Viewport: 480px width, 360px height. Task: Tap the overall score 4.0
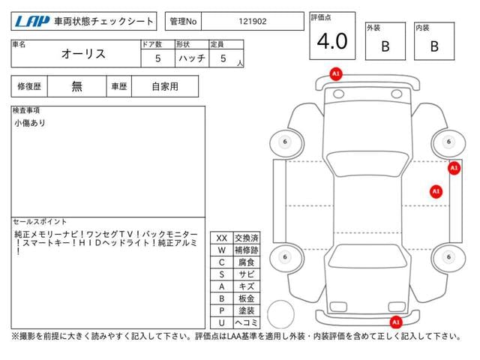pos(331,41)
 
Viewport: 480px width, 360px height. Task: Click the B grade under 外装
pos(385,46)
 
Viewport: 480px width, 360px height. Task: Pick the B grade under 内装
pos(434,46)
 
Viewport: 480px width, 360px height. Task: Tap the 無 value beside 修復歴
pos(77,86)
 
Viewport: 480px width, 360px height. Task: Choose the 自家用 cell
pos(164,86)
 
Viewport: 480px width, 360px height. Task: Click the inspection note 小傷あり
pos(29,122)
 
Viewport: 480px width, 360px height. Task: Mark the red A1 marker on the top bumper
pos(335,73)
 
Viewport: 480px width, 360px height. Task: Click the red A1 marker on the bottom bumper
pos(394,322)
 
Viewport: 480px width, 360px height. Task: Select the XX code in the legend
pos(221,238)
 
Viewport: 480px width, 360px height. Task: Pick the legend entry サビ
pos(245,274)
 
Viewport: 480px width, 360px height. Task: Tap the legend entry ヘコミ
pos(245,322)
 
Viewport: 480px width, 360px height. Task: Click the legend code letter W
pos(221,250)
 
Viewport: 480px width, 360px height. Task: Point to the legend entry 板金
pos(245,298)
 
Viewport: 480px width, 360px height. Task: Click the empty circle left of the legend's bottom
pos(281,311)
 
